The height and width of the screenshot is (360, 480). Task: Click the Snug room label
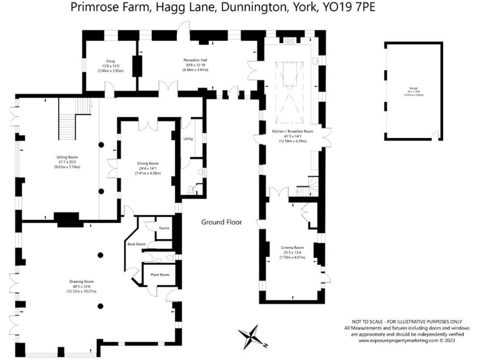tap(111, 61)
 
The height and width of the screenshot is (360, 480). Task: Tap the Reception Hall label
tap(195, 60)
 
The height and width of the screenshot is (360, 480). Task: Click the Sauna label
tap(164, 228)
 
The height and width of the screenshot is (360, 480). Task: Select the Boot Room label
tap(136, 244)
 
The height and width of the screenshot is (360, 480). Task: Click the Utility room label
tap(188, 138)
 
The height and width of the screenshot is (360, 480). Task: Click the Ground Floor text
tap(221, 222)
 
